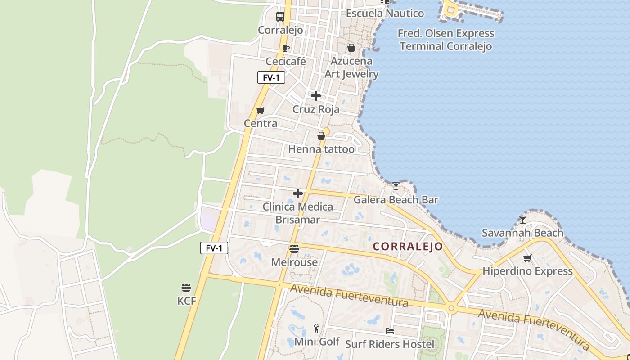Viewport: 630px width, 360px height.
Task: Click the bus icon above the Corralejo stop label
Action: (280, 17)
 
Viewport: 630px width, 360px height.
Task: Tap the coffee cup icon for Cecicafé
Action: (285, 48)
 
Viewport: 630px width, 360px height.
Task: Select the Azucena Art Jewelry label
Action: (351, 67)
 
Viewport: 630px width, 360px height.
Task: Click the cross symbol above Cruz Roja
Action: (316, 95)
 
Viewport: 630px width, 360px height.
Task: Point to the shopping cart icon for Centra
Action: (260, 110)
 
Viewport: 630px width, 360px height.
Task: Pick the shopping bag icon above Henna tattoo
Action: (321, 136)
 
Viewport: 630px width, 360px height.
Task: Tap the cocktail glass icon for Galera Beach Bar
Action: (396, 186)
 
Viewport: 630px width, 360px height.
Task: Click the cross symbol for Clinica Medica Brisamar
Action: (298, 193)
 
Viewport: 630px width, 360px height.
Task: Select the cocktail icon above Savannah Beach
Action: (522, 220)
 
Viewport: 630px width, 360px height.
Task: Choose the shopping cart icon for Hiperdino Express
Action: (527, 258)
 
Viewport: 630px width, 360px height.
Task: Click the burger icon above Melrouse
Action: (294, 249)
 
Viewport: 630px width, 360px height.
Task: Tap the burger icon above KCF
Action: (186, 288)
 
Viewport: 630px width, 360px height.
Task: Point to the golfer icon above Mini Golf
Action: (317, 328)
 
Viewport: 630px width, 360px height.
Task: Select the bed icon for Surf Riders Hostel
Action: (390, 331)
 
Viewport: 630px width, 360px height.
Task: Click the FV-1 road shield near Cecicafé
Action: (271, 77)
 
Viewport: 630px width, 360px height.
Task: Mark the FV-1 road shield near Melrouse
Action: (214, 247)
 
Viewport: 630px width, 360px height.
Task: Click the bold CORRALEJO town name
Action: (408, 247)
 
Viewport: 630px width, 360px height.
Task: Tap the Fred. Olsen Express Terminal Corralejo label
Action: (446, 40)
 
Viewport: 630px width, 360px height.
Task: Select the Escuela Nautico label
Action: (385, 13)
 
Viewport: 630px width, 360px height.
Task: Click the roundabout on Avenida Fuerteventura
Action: (451, 308)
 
